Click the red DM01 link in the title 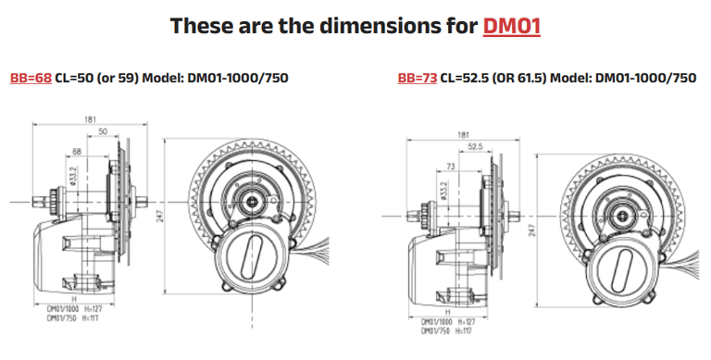511,25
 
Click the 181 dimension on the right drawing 463,134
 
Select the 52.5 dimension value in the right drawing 476,146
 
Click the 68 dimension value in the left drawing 76,151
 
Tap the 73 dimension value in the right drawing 451,166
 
